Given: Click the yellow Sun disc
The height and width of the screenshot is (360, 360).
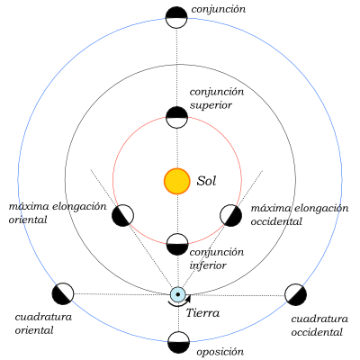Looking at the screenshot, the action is click(x=177, y=181).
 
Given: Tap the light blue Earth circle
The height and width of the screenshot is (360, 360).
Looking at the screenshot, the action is click(x=178, y=294).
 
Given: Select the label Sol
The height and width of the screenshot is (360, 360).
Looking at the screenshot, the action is click(x=206, y=181).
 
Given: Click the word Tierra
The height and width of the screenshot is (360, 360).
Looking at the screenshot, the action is click(x=202, y=313).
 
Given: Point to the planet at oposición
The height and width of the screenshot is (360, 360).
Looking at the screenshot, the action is click(x=178, y=342).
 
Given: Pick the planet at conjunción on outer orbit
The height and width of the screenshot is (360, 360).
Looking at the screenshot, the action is click(x=176, y=17).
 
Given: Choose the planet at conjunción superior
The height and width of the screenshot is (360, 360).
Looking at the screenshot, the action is click(x=177, y=117).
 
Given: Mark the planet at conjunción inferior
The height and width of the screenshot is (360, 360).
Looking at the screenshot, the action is click(x=177, y=244).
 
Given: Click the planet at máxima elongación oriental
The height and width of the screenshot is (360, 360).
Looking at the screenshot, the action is click(x=122, y=215).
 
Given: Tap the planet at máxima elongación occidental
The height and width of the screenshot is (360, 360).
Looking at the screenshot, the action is click(x=230, y=215).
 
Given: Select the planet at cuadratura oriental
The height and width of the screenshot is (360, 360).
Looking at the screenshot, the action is click(x=63, y=293).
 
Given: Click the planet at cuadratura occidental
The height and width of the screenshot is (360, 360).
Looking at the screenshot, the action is click(x=295, y=294).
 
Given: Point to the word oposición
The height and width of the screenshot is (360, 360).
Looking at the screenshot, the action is click(x=220, y=352).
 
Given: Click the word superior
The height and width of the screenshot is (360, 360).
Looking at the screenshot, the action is click(x=211, y=105).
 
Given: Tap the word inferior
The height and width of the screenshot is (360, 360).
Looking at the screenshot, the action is click(x=208, y=265).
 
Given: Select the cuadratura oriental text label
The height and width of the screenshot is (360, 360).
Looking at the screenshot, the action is click(x=43, y=324).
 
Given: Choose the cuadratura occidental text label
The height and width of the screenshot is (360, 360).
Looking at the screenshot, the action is click(x=319, y=326).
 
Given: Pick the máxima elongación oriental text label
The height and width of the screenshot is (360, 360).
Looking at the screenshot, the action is click(x=58, y=213).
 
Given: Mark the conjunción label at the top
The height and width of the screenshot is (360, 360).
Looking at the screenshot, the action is click(x=219, y=10).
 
